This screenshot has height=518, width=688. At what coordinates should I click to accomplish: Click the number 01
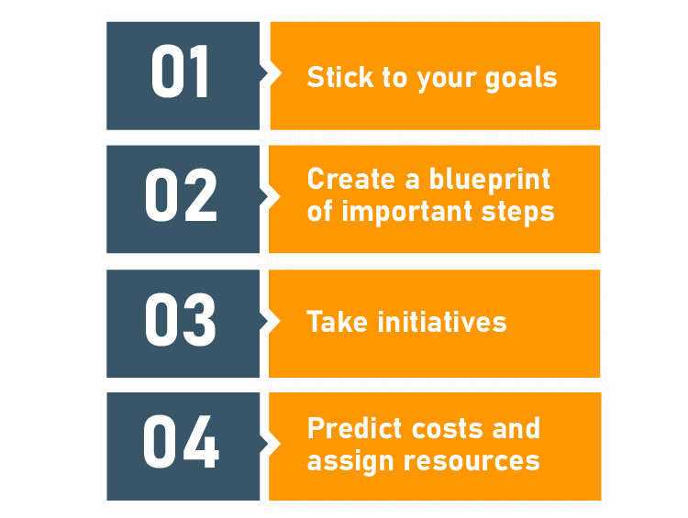point(181,74)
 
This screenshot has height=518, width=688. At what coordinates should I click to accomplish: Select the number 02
point(181,197)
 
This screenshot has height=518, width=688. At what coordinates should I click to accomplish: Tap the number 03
point(181,321)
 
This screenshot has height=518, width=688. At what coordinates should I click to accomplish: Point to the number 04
point(181,445)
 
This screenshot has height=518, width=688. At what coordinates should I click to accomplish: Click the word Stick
point(334,77)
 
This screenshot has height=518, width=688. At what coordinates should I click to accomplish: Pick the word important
point(398,213)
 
